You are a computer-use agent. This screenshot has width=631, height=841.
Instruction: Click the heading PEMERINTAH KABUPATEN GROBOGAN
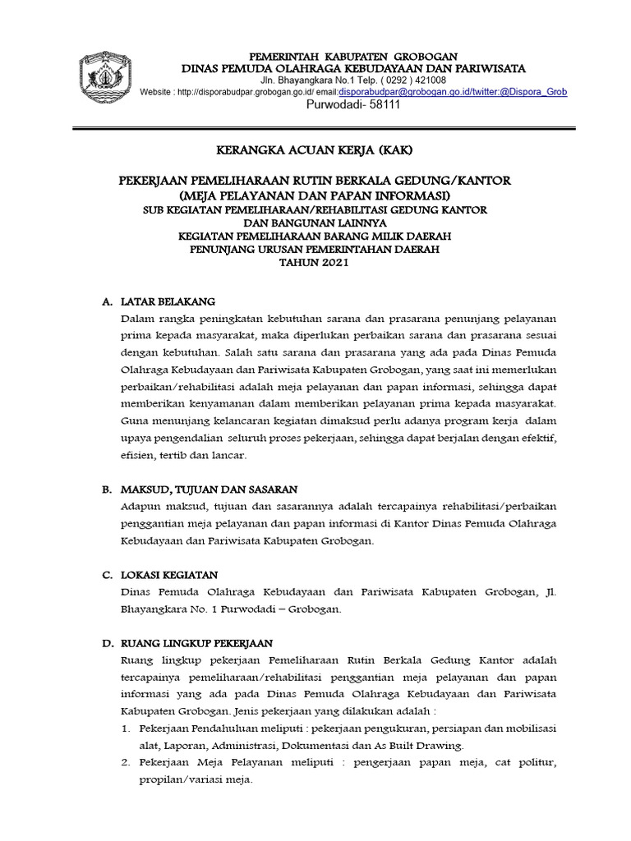coord(353,56)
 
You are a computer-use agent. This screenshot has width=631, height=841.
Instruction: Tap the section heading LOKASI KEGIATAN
coord(169,575)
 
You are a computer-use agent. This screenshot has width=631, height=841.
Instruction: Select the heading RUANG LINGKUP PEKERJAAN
coord(196,643)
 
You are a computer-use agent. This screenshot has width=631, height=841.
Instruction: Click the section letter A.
coord(106,301)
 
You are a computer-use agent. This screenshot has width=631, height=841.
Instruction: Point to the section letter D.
coord(106,643)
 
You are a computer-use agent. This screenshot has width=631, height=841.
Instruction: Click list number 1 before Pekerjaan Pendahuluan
coord(126,728)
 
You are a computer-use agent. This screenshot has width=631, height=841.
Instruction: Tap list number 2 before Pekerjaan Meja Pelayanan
coord(126,763)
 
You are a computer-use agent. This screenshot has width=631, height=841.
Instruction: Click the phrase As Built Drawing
coord(421,746)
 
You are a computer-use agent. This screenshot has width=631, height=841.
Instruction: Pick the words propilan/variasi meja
coord(196,779)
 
